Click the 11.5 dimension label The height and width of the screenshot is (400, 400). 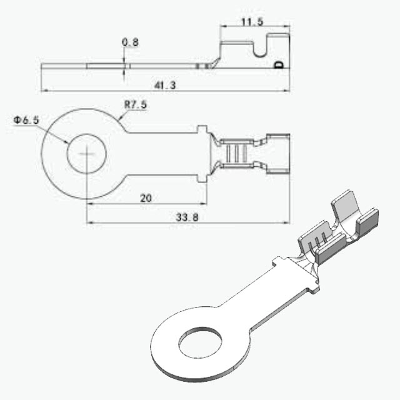coord(252,22)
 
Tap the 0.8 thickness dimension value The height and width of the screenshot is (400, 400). coord(130,42)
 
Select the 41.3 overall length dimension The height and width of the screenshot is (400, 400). coord(165,85)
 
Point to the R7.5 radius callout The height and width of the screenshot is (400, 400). coord(136,104)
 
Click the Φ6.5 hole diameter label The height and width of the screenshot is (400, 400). coord(26,120)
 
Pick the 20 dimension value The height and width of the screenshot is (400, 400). coord(146,198)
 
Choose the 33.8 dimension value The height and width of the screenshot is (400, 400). coord(187,217)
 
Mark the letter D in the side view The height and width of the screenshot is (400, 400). coord(279,65)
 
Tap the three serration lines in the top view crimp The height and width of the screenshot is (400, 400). coord(236,154)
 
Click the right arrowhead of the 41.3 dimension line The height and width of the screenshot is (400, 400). coord(286,90)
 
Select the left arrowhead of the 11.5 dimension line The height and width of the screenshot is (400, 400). coord(224,26)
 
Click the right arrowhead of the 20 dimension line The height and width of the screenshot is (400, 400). coord(204,204)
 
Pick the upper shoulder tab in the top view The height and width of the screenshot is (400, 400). coord(202,129)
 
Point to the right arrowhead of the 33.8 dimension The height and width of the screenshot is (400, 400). coord(286,222)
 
